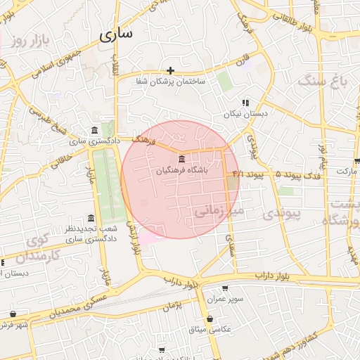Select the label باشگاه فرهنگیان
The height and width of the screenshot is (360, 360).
pyautogui.click(x=182, y=169)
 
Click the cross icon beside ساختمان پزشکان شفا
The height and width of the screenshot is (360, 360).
pyautogui.click(x=171, y=70)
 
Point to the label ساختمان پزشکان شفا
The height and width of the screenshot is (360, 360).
pyautogui.click(x=172, y=82)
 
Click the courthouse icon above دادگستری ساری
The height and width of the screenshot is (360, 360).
pyautogui.click(x=95, y=130)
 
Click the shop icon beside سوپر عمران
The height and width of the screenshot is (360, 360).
pyautogui.click(x=225, y=288)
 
